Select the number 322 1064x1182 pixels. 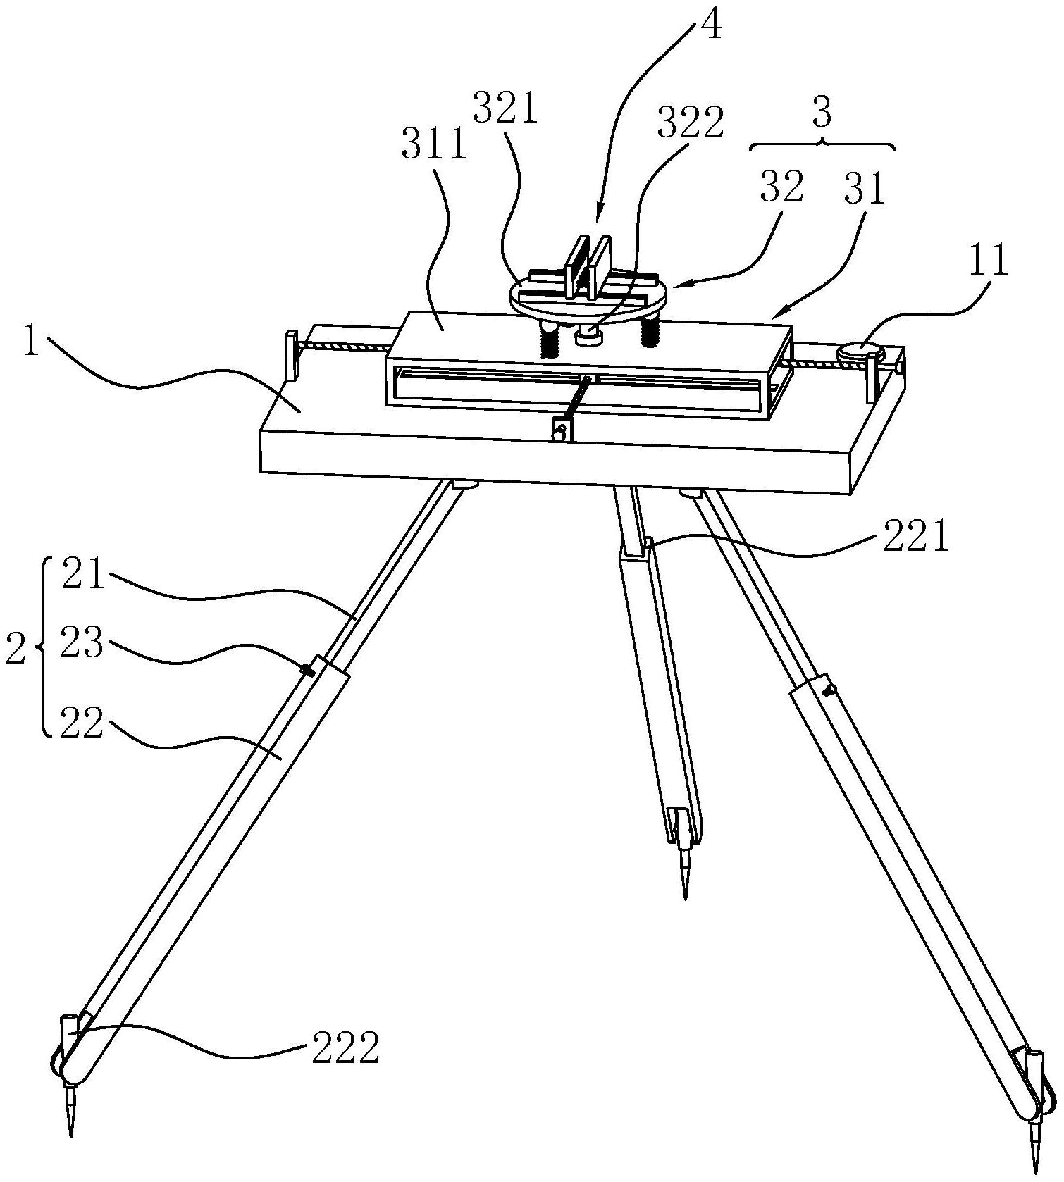pos(690,124)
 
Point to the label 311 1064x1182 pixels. pos(433,145)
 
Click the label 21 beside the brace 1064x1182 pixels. pos(82,575)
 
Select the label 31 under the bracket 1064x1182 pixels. pos(864,189)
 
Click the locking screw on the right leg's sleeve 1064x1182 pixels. pos(831,688)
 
